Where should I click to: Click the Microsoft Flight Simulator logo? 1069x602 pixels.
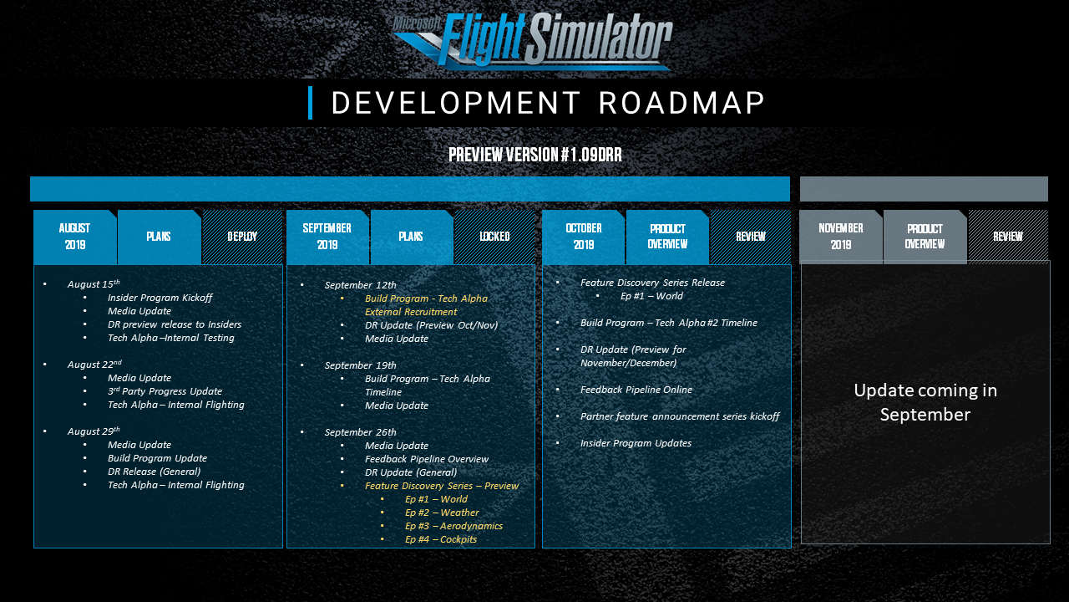pyautogui.click(x=533, y=40)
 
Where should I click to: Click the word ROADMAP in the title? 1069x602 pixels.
pyautogui.click(x=682, y=103)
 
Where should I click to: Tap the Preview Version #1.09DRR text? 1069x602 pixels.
pyautogui.click(x=535, y=155)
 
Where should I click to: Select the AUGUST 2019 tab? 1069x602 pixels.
pyautogui.click(x=75, y=237)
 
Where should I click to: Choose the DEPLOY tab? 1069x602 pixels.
pyautogui.click(x=242, y=237)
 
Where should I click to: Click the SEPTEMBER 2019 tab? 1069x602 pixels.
pyautogui.click(x=327, y=237)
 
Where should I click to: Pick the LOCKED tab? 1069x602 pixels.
pyautogui.click(x=494, y=237)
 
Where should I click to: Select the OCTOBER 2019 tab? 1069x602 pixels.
pyautogui.click(x=584, y=237)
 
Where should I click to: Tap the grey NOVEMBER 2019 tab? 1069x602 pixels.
pyautogui.click(x=841, y=237)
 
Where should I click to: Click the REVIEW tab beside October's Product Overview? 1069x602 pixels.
pyautogui.click(x=750, y=237)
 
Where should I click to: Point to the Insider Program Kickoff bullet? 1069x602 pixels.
pyautogui.click(x=160, y=298)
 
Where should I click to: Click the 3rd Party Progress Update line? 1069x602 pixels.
pyautogui.click(x=165, y=391)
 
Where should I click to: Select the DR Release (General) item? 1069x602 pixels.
pyautogui.click(x=155, y=472)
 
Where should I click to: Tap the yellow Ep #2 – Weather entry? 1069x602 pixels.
pyautogui.click(x=442, y=513)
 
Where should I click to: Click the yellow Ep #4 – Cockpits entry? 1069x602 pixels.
pyautogui.click(x=441, y=539)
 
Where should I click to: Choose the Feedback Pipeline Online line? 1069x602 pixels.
pyautogui.click(x=636, y=390)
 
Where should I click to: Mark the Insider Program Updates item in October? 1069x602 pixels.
pyautogui.click(x=636, y=443)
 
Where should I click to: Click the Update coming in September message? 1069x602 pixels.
pyautogui.click(x=925, y=402)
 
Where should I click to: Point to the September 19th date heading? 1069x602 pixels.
pyautogui.click(x=360, y=365)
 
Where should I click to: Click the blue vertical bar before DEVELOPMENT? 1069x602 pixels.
pyautogui.click(x=310, y=103)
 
